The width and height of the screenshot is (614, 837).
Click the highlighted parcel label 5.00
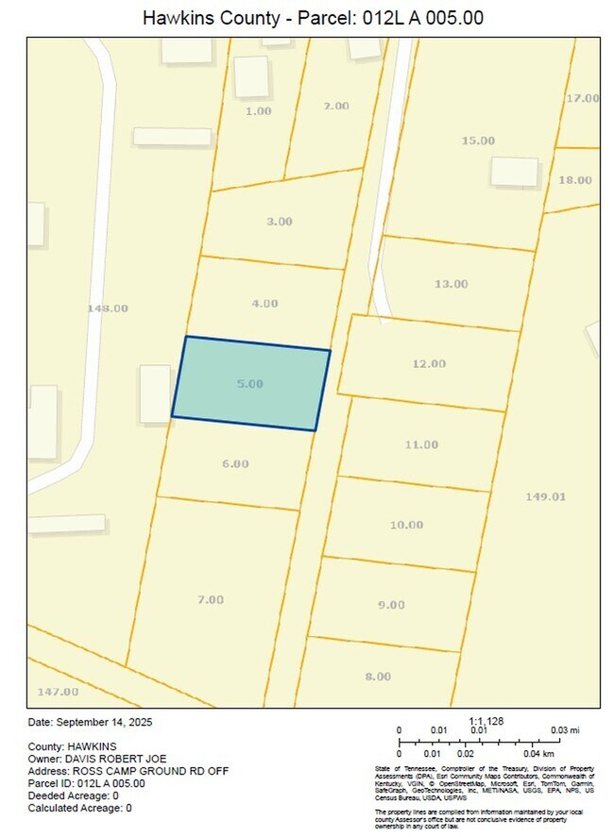(x=249, y=384)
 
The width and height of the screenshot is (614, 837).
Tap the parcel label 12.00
(x=428, y=363)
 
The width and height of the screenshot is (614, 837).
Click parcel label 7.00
(x=211, y=599)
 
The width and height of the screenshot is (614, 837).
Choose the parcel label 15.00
(x=478, y=141)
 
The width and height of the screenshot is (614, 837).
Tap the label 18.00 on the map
(x=575, y=180)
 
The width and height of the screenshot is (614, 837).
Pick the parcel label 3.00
(x=279, y=221)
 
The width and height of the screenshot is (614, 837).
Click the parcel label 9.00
(x=391, y=605)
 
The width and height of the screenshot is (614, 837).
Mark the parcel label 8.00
(x=377, y=676)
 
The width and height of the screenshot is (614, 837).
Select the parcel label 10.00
(x=406, y=525)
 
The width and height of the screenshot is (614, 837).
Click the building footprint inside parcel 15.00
(x=514, y=171)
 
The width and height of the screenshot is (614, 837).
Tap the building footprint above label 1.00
(x=251, y=76)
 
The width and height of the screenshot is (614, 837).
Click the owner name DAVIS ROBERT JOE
(x=113, y=758)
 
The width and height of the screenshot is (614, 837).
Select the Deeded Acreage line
(x=73, y=795)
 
